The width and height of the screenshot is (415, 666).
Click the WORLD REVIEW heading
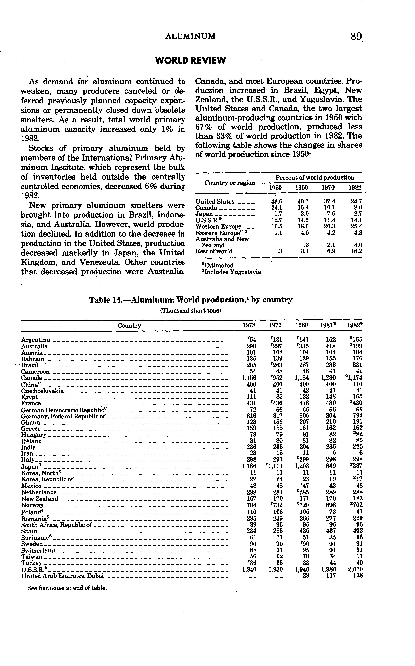[x=190, y=60]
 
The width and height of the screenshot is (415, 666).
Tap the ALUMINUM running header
[x=190, y=36]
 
